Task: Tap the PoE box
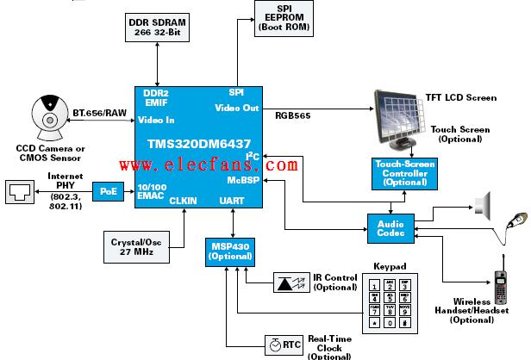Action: pos(108,191)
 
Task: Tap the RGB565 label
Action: pos(292,116)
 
